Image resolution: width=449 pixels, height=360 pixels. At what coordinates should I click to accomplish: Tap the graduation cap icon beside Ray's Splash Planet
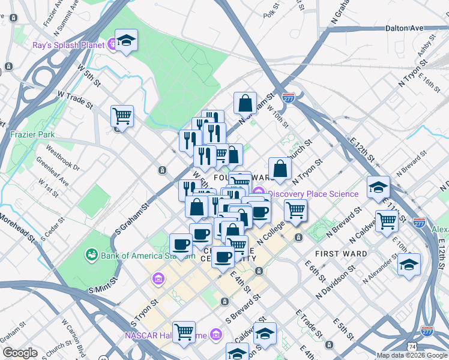[126, 41]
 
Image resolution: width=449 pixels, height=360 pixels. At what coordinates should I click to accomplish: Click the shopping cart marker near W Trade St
[122, 116]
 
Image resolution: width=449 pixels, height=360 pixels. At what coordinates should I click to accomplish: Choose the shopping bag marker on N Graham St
[246, 103]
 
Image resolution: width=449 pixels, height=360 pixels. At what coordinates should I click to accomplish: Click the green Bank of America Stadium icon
[91, 256]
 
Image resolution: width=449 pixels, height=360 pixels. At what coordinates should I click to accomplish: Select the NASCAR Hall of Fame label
[166, 335]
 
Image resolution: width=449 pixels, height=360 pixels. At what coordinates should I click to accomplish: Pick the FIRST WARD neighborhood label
[345, 254]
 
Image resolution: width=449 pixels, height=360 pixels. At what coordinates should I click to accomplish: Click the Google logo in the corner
[20, 353]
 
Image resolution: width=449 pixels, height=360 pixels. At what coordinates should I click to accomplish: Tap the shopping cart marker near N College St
[295, 211]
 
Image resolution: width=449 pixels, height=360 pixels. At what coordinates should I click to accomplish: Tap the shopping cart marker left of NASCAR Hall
[184, 331]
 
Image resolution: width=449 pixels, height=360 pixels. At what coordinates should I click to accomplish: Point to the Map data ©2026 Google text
[412, 355]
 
